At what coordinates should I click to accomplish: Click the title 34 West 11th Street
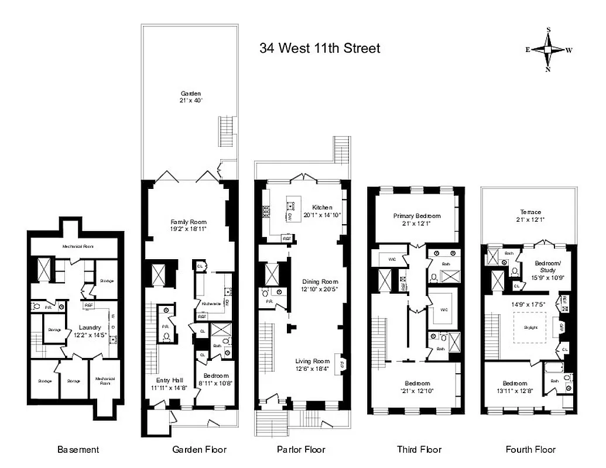(320, 48)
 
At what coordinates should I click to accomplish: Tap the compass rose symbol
(549, 50)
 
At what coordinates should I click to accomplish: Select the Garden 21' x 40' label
(191, 97)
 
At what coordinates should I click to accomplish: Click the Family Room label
(189, 225)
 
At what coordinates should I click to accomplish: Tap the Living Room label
(313, 364)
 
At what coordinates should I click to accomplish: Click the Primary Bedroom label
(416, 219)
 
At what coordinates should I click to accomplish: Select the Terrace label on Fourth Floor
(530, 215)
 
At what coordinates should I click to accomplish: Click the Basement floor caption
(78, 449)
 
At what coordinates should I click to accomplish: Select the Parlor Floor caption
(300, 449)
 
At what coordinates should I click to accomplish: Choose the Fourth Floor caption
(530, 449)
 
